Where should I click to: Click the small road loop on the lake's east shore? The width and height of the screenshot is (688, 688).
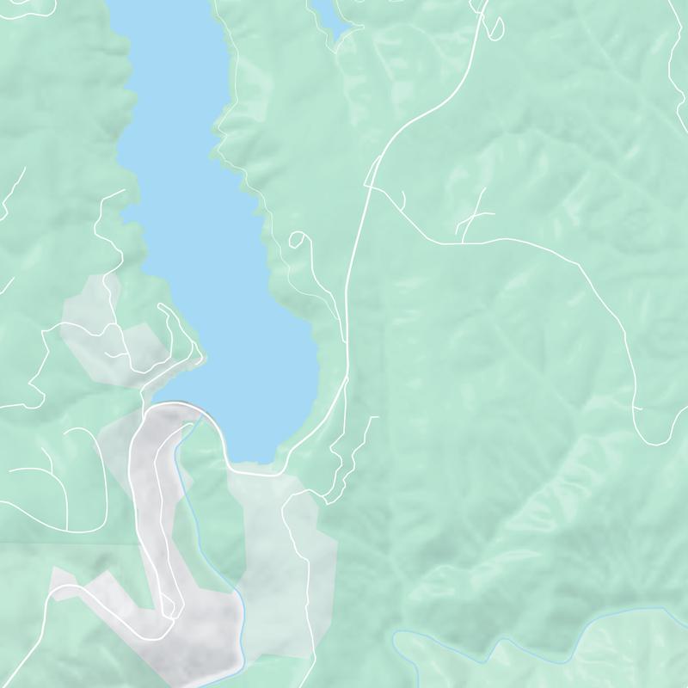(x=298, y=239)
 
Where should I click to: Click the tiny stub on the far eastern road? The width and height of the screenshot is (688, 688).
(x=638, y=408)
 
